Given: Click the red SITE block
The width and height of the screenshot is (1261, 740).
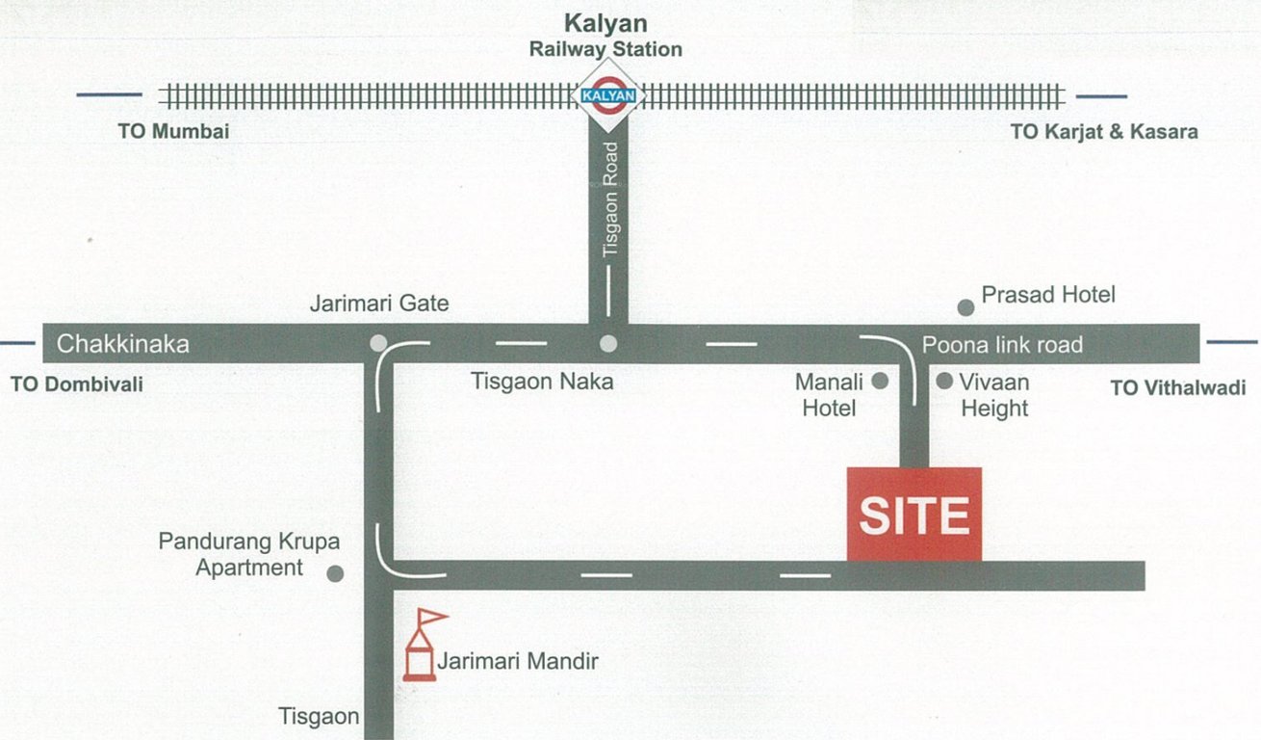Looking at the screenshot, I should click(x=914, y=514).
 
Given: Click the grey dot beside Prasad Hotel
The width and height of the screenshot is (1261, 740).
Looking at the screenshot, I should click(x=965, y=307).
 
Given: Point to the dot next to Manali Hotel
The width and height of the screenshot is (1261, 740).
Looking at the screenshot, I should click(x=880, y=382).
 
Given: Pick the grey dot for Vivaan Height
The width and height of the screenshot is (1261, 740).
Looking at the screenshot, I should click(x=944, y=382).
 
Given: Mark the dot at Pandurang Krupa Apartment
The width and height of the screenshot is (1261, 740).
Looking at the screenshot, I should click(x=335, y=574).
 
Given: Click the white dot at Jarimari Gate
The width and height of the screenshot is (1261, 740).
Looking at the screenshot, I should click(x=378, y=343).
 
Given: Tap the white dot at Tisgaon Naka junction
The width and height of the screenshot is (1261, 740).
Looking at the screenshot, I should click(x=607, y=343).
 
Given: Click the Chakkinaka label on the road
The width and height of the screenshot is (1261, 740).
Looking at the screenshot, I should click(x=123, y=343).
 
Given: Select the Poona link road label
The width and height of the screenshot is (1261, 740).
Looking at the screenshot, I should click(x=1002, y=344).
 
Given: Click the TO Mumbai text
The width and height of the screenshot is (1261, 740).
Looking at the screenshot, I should click(x=173, y=132).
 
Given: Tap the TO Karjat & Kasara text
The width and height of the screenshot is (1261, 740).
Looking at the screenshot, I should click(x=1104, y=132).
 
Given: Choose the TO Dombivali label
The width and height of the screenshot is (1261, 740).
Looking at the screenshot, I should click(x=76, y=384).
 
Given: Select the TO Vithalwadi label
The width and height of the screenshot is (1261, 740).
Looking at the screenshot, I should click(x=1177, y=388).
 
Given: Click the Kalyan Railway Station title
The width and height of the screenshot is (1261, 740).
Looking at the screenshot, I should click(x=605, y=36).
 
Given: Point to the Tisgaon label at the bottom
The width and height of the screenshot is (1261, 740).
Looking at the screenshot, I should click(x=319, y=717).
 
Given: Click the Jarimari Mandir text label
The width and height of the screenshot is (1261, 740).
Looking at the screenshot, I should click(x=518, y=662).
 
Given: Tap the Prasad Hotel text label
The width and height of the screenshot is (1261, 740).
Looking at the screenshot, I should click(x=1048, y=294).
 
